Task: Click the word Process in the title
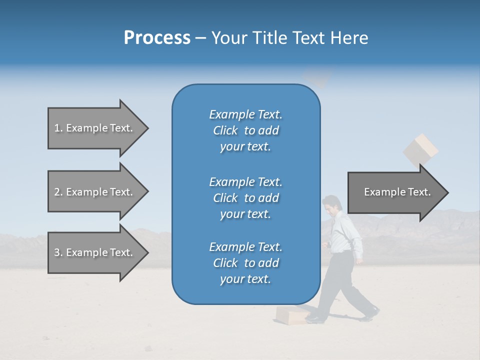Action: pyautogui.click(x=157, y=38)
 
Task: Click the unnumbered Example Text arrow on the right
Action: pyautogui.click(x=397, y=192)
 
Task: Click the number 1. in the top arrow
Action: pyautogui.click(x=58, y=128)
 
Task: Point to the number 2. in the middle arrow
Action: pyautogui.click(x=58, y=192)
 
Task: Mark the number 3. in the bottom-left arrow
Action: pyautogui.click(x=58, y=252)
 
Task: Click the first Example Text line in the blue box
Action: pyautogui.click(x=245, y=114)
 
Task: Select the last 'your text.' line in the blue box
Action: pyautogui.click(x=245, y=279)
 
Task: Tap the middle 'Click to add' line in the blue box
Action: pyautogui.click(x=245, y=198)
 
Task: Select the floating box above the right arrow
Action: pyautogui.click(x=420, y=148)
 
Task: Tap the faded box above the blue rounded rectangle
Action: pyautogui.click(x=317, y=77)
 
